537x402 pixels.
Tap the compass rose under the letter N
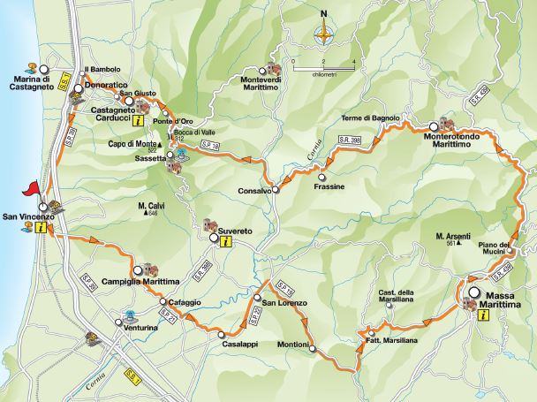(324, 35)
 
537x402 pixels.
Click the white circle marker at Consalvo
(276, 189)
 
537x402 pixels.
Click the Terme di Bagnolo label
(372, 118)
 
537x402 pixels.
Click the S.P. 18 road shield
(208, 144)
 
